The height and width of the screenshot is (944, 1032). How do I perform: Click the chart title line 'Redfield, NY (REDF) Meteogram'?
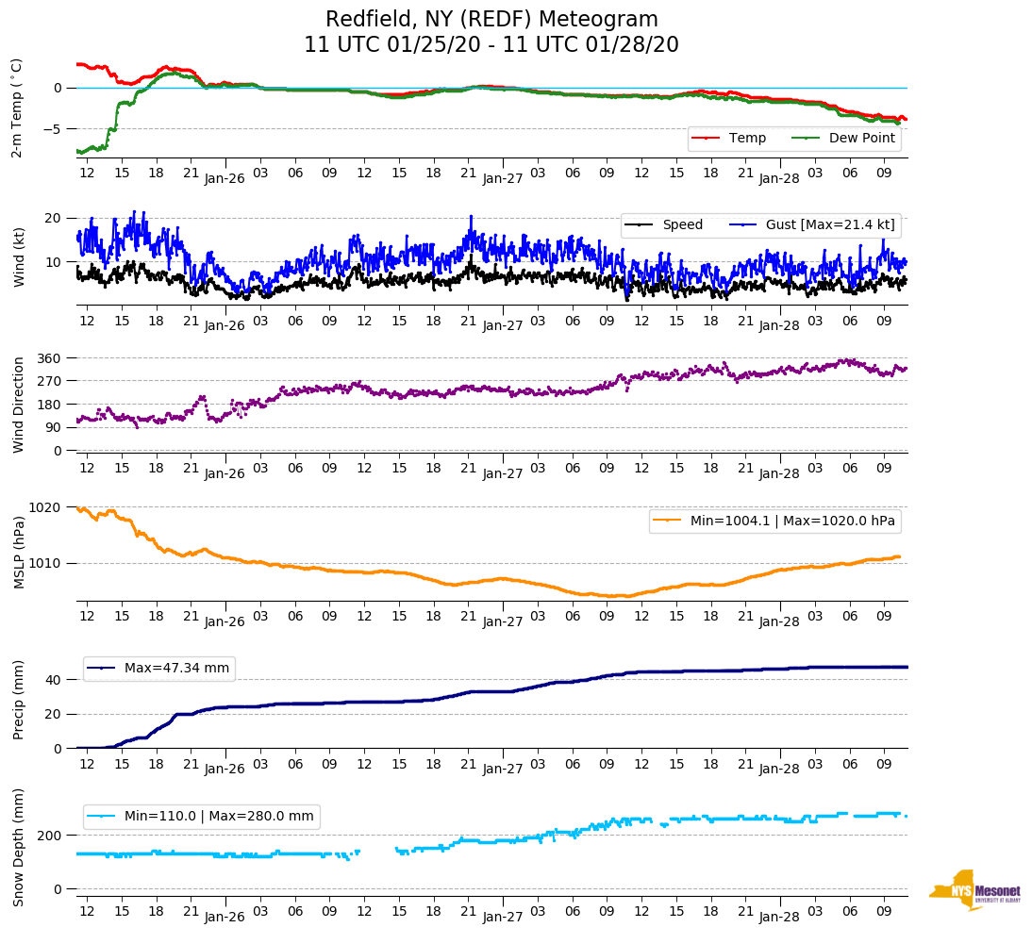(x=491, y=20)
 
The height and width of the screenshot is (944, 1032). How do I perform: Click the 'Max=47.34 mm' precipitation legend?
(x=176, y=669)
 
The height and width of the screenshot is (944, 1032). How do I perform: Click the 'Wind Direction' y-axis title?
(x=19, y=405)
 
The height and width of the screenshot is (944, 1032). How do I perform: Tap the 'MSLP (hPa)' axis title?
(x=19, y=552)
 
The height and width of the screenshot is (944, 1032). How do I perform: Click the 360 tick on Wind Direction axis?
(x=50, y=358)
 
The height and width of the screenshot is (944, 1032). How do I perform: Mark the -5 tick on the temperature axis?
(x=54, y=129)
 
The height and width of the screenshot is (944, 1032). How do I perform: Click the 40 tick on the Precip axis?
(x=54, y=680)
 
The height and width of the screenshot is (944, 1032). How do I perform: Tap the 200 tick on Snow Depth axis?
(x=50, y=836)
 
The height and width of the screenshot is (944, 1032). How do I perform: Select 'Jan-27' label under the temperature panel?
(x=503, y=178)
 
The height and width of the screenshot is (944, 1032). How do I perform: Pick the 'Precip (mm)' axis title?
(x=19, y=700)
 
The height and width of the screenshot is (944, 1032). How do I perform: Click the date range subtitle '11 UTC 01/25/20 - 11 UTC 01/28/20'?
(x=491, y=45)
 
